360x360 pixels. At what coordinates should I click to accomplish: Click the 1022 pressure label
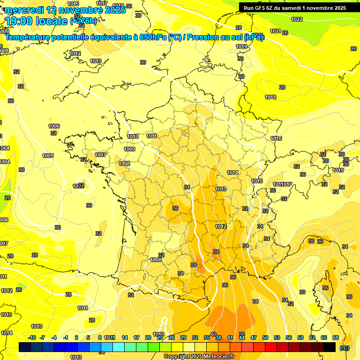296,19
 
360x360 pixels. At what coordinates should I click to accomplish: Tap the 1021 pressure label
276,31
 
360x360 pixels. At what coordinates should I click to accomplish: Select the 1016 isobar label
276,138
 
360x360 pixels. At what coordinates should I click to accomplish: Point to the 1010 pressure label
133,136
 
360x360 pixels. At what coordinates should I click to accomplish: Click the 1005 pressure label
48,156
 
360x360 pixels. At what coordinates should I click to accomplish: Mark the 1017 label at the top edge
101,3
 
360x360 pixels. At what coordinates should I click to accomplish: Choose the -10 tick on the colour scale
32,337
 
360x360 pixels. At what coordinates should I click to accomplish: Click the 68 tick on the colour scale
336,337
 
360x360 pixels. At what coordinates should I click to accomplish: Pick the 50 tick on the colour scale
265,337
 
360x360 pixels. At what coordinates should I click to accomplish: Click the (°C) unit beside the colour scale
345,347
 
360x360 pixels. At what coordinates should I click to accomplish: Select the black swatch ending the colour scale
330,347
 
